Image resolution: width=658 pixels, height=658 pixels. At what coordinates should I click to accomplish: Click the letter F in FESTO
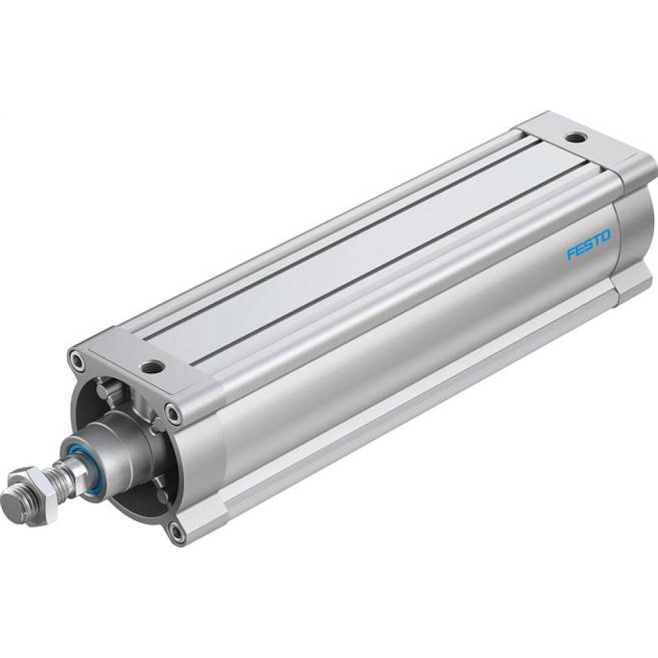click(x=571, y=255)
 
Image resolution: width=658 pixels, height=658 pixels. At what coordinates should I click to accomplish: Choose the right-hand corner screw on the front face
click(x=173, y=413)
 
